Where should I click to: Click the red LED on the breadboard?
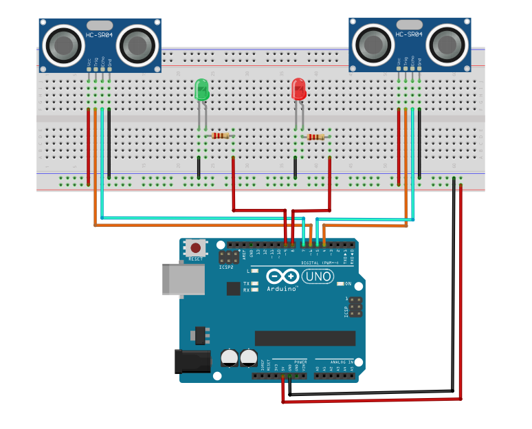tap(298, 90)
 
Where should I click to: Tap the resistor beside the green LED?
tap(220, 135)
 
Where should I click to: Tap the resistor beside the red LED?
tap(316, 137)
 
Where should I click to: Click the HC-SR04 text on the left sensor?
tap(100, 34)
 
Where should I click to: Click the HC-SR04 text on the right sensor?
tap(410, 34)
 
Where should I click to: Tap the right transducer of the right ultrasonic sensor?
tap(447, 46)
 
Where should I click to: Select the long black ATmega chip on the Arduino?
tap(305, 338)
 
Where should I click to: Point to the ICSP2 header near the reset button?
tap(227, 258)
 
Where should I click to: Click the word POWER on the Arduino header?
tap(300, 362)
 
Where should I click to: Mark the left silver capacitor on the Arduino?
tap(230, 357)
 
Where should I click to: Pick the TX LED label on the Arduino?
tap(247, 283)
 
